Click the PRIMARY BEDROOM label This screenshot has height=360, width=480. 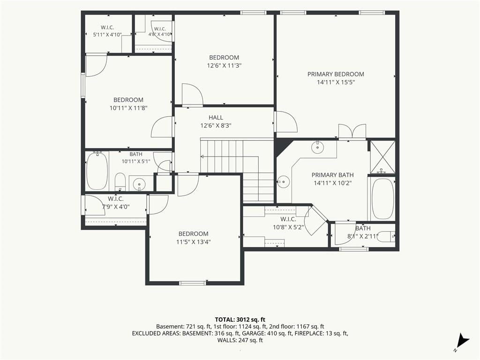coord(336,74)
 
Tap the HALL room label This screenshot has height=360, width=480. coord(216,118)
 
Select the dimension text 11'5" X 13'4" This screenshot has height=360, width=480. coord(194,242)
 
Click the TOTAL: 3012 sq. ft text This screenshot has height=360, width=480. coord(240,320)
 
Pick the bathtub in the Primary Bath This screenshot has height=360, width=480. coord(382,199)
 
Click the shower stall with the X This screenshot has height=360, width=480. coord(382,157)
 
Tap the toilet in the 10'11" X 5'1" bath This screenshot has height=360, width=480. coord(120,182)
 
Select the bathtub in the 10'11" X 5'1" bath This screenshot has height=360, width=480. coord(97,171)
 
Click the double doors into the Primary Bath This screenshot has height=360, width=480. coord(352,132)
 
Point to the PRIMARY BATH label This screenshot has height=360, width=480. coord(333,175)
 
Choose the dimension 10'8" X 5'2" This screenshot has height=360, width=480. coord(288,227)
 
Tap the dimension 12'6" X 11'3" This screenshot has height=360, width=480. coord(225,66)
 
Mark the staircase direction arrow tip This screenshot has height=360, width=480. coord(201,157)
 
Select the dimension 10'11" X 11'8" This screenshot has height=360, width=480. coord(128,108)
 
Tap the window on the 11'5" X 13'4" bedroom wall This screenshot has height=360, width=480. coord(193,283)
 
